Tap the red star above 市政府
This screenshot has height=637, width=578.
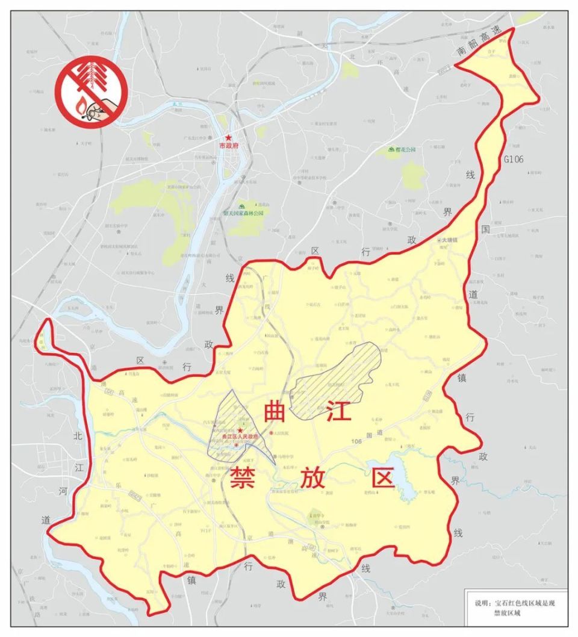click(228, 138)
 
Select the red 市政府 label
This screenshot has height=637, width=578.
click(228, 146)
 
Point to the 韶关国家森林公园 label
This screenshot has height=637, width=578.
click(243, 213)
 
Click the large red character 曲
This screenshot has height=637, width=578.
click(278, 414)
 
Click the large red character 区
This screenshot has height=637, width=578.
click(382, 479)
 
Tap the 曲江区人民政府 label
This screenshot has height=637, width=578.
click(240, 437)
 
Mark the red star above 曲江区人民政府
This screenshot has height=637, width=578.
click(240, 430)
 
